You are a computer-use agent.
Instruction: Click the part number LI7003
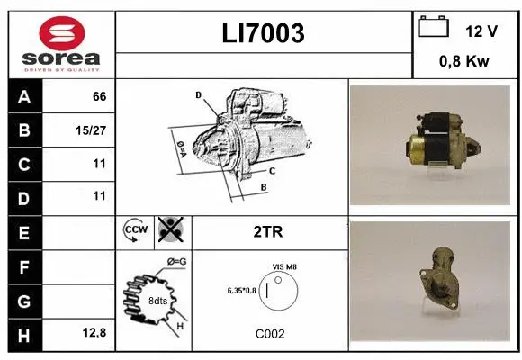pos(263,33)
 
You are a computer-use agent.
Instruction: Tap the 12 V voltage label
pos(481,31)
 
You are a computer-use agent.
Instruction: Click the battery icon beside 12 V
pos(434,28)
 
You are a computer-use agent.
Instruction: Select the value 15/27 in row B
pos(92,131)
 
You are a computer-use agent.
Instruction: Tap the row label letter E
pos(23,233)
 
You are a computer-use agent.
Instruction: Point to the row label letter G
pos(23,301)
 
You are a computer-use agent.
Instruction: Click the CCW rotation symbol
pos(133,231)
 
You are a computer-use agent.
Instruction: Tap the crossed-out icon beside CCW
pos(169,231)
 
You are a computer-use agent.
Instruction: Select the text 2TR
pos(269,232)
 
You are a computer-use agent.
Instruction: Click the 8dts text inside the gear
pos(157,301)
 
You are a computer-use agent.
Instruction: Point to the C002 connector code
pos(269,334)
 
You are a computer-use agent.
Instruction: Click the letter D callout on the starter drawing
pos(198,94)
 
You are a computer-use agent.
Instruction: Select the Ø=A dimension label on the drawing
pos(180,148)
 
